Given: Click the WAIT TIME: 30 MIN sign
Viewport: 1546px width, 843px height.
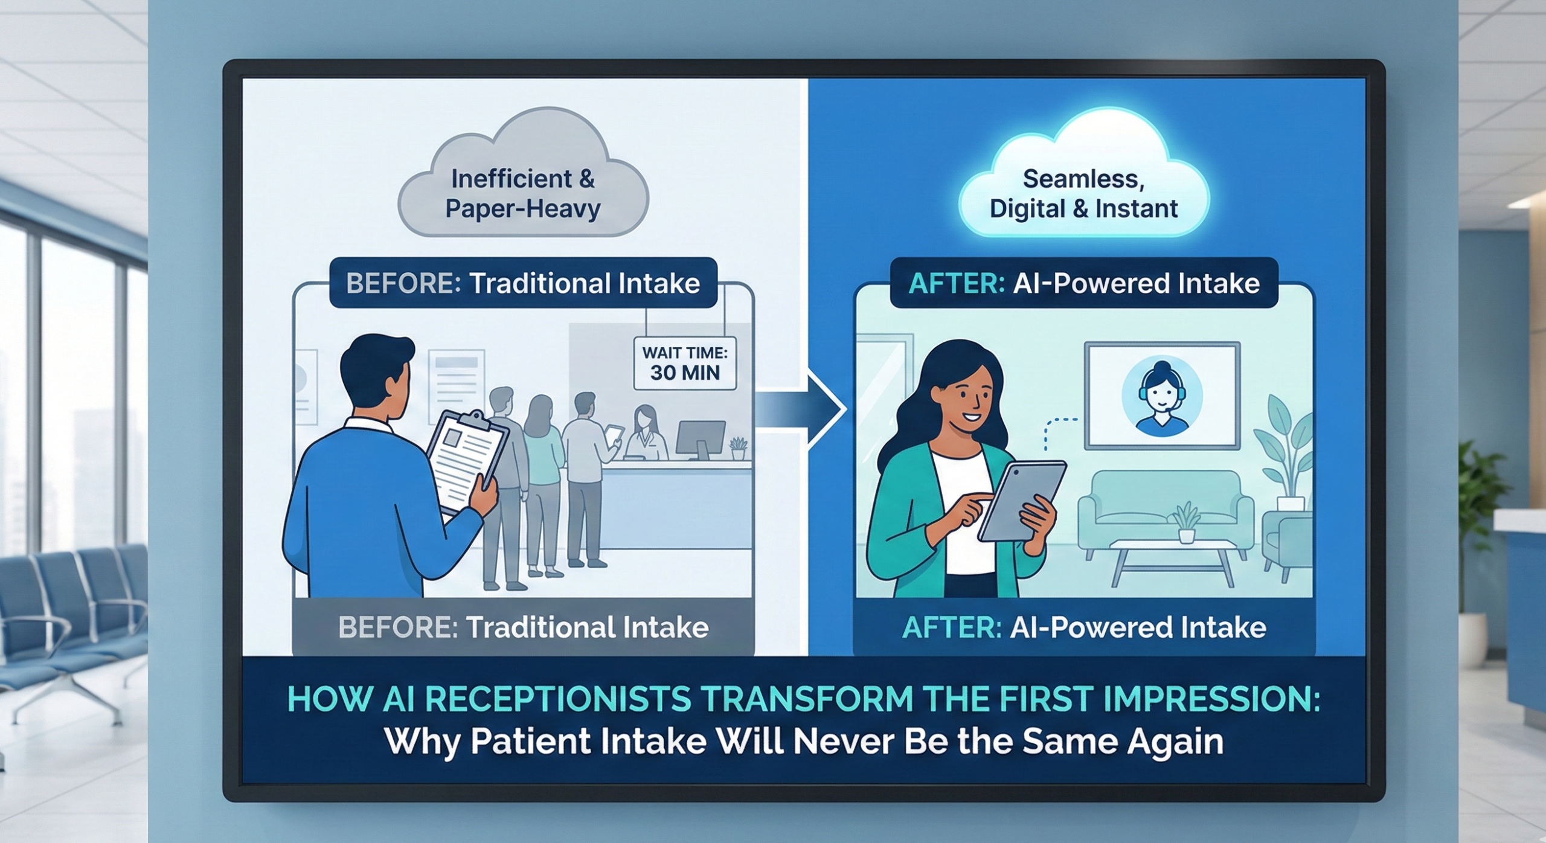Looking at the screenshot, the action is (x=685, y=363).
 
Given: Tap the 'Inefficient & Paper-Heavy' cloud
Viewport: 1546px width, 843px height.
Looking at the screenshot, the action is (x=523, y=175).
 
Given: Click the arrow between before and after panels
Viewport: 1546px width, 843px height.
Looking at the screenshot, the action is (x=800, y=409).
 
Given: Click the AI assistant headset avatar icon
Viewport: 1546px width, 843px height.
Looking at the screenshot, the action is (x=1162, y=396).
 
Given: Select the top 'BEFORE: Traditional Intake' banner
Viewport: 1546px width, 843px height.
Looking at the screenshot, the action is (x=523, y=283).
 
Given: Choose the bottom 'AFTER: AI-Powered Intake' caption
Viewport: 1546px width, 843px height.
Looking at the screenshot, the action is (x=1084, y=627).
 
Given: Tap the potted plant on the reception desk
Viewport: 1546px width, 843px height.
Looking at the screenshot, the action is (x=738, y=448).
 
